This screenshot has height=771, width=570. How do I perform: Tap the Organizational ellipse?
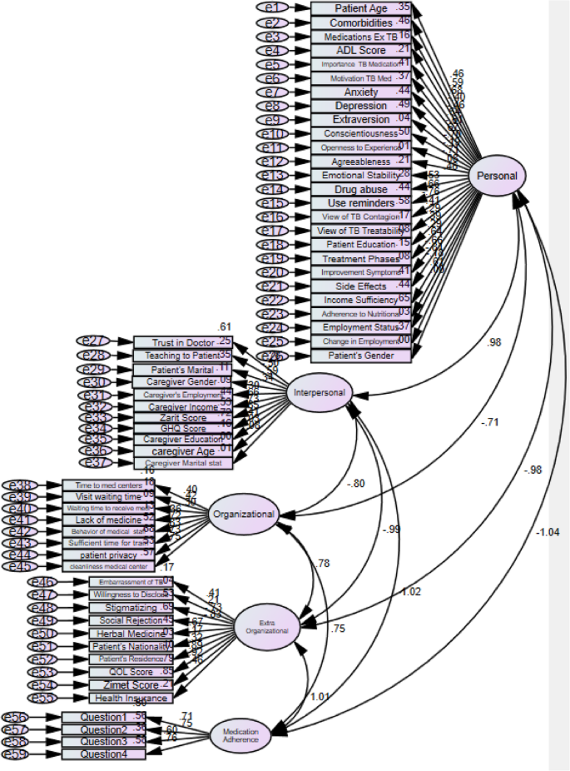click(243, 514)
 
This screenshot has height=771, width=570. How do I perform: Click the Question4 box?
click(103, 754)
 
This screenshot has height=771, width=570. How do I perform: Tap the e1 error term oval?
click(271, 7)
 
